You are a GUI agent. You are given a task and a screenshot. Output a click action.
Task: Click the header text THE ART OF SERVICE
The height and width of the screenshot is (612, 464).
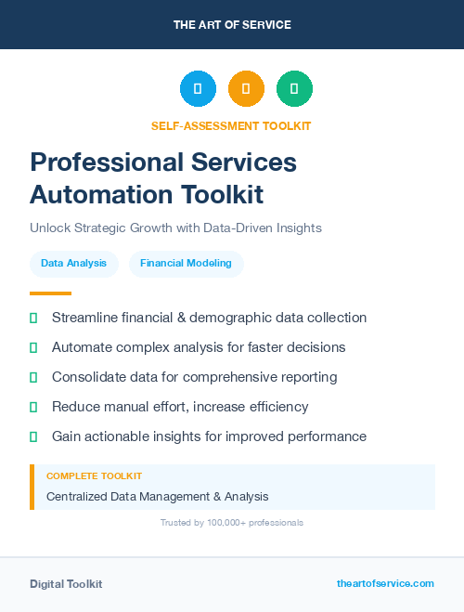point(232,25)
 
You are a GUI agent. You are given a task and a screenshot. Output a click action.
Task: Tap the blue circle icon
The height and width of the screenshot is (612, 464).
point(198,89)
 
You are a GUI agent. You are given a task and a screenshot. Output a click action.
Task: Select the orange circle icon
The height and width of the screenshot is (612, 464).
point(246,89)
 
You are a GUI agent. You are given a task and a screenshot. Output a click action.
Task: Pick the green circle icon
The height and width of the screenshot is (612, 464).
point(294,89)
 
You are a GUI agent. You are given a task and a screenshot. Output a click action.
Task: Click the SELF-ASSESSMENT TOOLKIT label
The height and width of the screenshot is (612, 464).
point(231,125)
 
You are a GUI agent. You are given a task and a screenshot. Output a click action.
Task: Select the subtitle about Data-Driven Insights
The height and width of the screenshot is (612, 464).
point(175,228)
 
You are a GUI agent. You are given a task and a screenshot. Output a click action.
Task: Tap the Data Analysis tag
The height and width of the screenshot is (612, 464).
point(74,264)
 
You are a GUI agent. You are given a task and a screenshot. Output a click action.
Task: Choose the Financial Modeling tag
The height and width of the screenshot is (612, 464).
point(186,264)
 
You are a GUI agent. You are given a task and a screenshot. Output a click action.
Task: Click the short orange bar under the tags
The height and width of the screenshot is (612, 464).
point(50,293)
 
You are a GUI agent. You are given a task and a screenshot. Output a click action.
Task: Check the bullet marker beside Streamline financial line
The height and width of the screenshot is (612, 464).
point(33,318)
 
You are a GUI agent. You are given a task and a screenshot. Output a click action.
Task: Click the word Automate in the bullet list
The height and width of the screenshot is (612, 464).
point(81,347)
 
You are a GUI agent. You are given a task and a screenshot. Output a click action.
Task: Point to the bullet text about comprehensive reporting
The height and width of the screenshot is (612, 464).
point(194,377)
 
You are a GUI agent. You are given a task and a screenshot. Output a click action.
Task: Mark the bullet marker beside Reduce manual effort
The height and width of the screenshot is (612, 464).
point(33,407)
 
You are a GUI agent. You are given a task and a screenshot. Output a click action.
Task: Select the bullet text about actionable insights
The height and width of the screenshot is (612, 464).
point(209,436)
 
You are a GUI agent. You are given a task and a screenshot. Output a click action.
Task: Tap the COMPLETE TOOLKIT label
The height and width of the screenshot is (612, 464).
point(94,475)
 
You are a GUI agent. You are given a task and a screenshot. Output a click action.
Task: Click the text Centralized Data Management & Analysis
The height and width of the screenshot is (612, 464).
point(157,497)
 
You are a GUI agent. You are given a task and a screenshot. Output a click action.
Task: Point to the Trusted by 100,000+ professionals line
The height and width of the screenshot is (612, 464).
point(231,523)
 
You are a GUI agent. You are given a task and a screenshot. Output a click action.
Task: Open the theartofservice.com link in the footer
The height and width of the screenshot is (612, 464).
point(385,583)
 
